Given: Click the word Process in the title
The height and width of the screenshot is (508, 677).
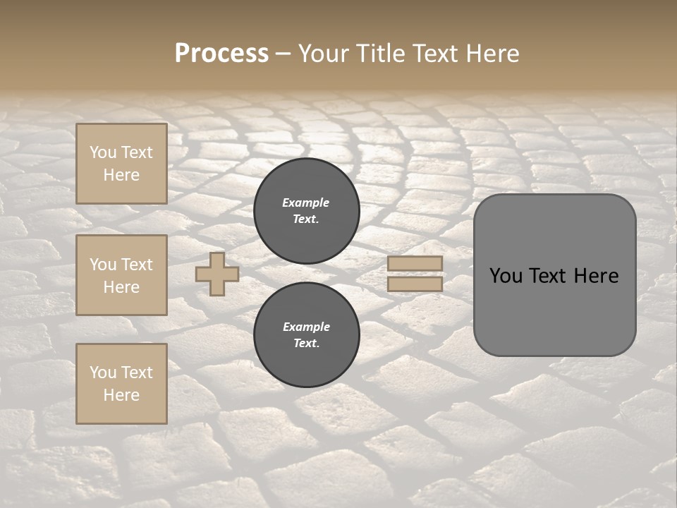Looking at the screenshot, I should tap(221, 54).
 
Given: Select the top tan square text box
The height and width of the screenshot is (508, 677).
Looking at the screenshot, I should tap(121, 164).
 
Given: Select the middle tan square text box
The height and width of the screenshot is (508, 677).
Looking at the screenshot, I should tap(121, 275).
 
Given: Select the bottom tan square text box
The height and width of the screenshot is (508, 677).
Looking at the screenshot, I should tap(121, 383).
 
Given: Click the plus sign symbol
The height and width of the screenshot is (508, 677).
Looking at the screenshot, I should tap(217, 274).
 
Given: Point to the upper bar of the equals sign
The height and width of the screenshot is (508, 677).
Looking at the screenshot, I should tap(415, 264).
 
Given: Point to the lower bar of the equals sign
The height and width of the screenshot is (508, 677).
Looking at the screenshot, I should tap(415, 284).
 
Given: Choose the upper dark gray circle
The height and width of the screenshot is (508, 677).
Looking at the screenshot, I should tap(307, 210).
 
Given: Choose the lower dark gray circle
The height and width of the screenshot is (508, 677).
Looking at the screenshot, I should tap(307, 334).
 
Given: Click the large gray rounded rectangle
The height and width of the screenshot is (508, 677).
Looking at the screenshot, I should tap(554, 275).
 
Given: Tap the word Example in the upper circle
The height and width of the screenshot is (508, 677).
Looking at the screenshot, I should tap(305, 202).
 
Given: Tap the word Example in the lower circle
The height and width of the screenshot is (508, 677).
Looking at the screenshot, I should tap(306, 327).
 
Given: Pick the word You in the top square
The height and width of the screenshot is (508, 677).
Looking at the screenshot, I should tap(103, 152).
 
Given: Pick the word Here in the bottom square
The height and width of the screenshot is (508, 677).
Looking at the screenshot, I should tap(121, 395).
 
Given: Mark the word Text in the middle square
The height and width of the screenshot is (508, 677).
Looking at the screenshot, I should tap(136, 265).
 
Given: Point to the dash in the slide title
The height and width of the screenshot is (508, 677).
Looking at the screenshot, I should tap(283, 54).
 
